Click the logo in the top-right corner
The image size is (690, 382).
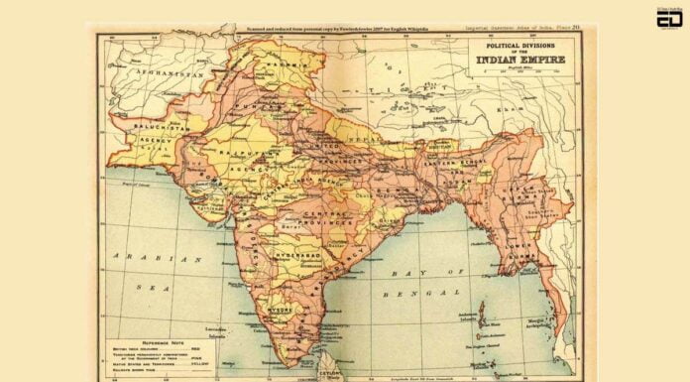(x=669, y=17)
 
